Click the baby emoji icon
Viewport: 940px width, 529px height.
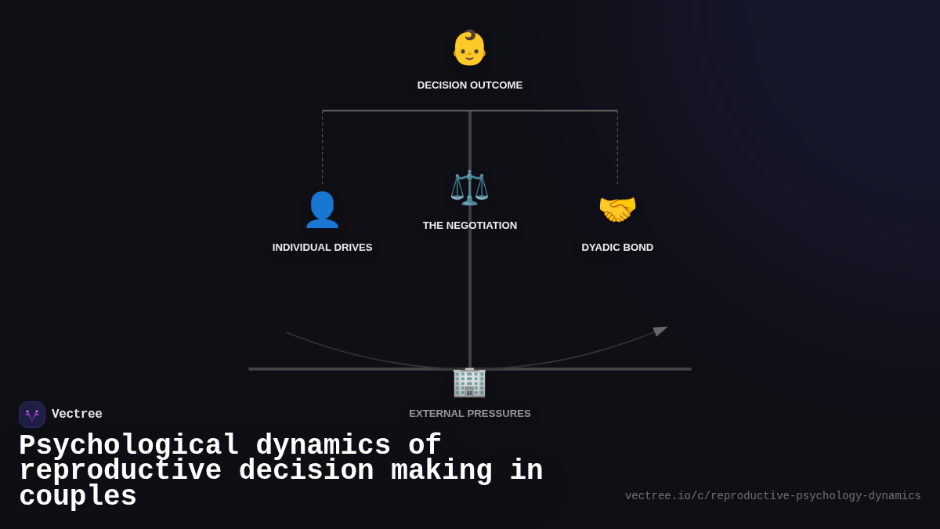coord(469,48)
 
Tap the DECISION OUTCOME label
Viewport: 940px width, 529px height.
coord(470,85)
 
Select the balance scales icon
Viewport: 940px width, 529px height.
coord(469,188)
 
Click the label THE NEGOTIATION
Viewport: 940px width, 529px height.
coord(470,226)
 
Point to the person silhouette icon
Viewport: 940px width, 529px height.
coord(322,210)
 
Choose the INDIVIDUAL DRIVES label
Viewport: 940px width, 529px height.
coord(322,248)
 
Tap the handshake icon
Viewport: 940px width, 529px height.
coord(617,210)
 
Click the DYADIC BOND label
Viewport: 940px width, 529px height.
coord(617,248)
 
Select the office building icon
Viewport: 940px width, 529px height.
coord(469,382)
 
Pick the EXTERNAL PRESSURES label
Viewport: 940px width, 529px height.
coord(470,414)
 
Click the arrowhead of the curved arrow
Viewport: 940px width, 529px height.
coord(660,331)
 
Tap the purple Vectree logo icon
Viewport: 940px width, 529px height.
coord(32,415)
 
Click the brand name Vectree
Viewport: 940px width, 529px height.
coord(77,415)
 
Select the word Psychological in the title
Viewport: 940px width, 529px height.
coord(129,446)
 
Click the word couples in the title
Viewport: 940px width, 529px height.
coord(78,497)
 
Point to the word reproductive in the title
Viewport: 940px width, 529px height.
coord(121,471)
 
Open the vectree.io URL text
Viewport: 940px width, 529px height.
coord(772,496)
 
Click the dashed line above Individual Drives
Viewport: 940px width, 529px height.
coord(322,149)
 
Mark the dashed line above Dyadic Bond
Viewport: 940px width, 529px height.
coord(617,149)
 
